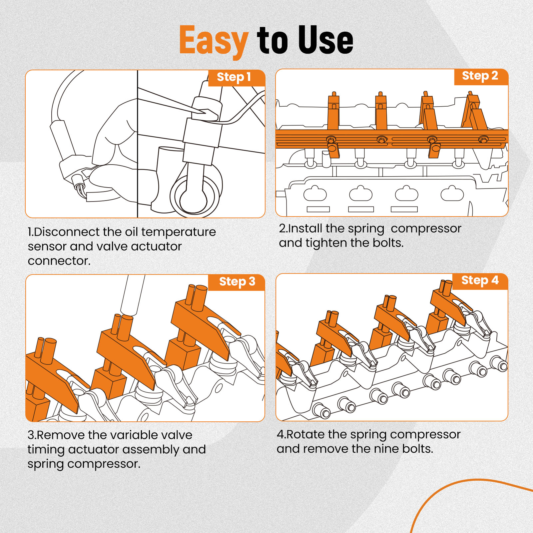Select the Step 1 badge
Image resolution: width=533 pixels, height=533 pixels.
click(237, 78)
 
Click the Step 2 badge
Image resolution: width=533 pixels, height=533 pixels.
click(481, 77)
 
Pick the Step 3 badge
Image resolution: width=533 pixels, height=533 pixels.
click(237, 282)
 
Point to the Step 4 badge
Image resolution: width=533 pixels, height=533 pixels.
click(480, 281)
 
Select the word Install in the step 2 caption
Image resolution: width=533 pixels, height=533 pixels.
click(305, 229)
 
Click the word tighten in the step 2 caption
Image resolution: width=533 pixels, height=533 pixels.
click(326, 243)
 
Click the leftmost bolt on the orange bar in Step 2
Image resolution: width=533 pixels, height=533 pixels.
click(331, 139)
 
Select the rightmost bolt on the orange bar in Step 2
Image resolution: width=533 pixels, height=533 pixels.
click(483, 139)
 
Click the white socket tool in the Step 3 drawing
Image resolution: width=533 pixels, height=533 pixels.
click(133, 295)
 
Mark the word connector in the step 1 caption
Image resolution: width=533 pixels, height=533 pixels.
click(59, 261)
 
